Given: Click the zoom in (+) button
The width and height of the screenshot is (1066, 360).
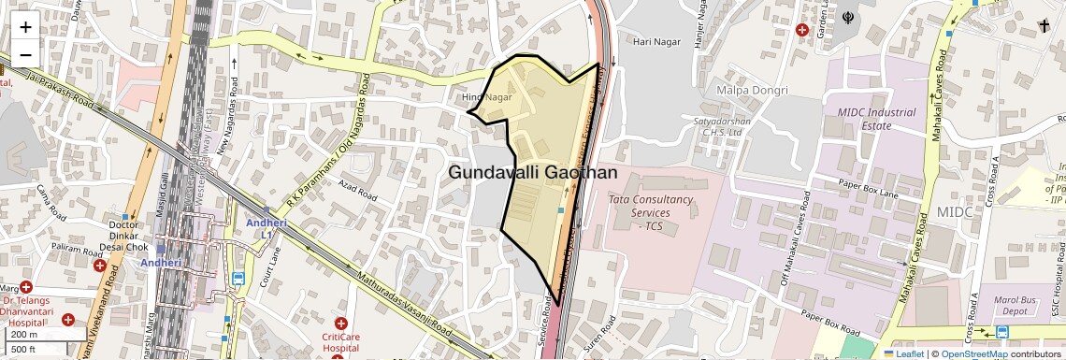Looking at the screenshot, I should (25, 27).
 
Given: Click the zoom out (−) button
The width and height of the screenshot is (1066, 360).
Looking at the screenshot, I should (25, 53).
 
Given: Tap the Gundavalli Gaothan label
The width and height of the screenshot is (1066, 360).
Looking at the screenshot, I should (532, 173).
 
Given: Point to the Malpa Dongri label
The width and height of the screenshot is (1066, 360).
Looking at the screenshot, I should (752, 90).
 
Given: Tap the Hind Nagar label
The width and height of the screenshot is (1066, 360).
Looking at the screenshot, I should (487, 97).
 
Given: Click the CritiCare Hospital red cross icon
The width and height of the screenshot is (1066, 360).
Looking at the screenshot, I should (340, 323).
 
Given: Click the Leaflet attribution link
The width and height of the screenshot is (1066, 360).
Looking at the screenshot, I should (903, 353).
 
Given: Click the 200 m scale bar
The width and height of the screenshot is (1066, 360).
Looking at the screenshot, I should (24, 334).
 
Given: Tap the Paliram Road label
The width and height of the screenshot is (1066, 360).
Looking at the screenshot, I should (75, 248).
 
